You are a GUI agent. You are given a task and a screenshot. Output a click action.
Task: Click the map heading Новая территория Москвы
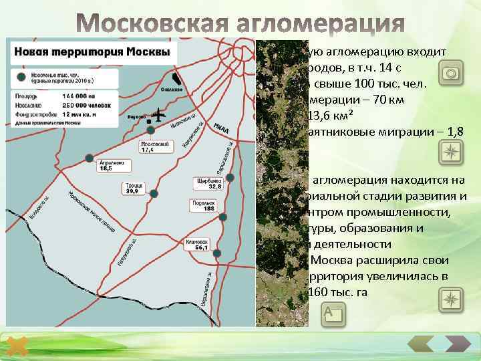click(92, 51)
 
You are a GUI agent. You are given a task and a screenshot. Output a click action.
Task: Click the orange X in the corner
click(19, 347)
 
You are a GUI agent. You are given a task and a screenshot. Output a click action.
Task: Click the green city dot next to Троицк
click(154, 193)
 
